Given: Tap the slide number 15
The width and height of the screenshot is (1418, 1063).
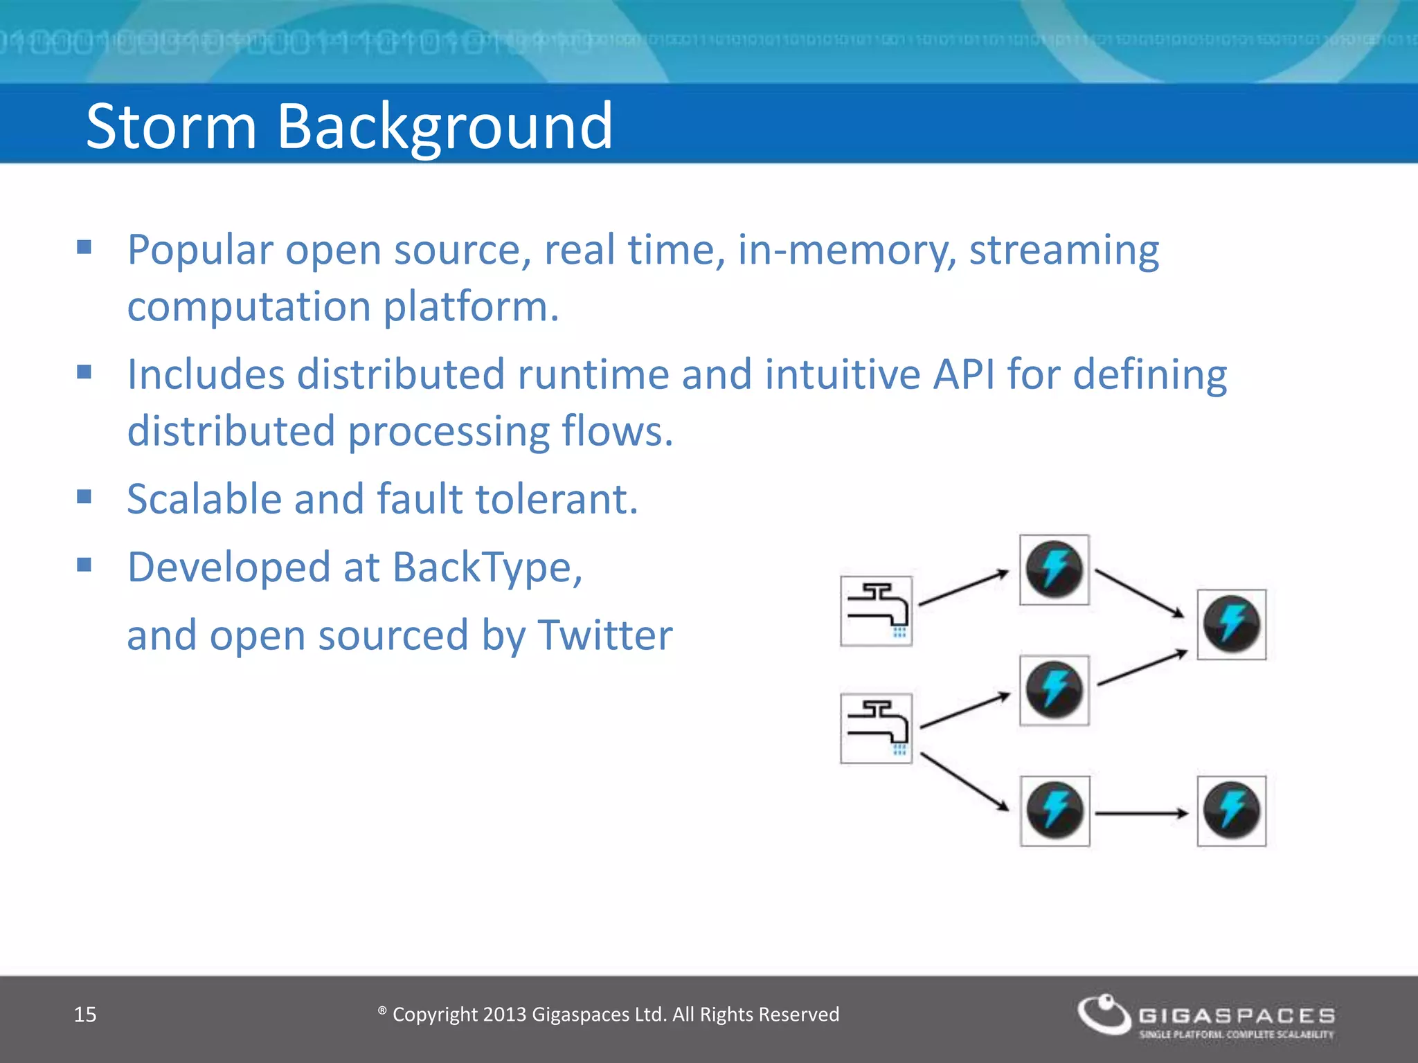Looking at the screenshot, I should (85, 1015).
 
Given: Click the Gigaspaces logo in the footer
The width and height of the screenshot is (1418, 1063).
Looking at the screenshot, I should (1205, 1015).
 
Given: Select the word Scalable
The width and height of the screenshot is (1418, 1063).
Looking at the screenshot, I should (205, 499).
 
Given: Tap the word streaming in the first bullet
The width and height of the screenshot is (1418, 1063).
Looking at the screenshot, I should (1063, 250).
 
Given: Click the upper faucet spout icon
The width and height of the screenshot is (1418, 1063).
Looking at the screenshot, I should (876, 610).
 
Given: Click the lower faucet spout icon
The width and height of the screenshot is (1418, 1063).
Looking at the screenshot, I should (876, 728).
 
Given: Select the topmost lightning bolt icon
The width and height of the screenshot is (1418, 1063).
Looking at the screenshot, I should (1054, 570).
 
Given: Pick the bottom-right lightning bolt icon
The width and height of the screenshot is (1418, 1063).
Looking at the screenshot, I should (1232, 811).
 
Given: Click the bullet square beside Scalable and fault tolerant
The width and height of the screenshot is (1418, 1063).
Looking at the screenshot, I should (84, 496).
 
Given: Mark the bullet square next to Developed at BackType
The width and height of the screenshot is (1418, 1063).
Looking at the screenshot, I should (84, 565).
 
